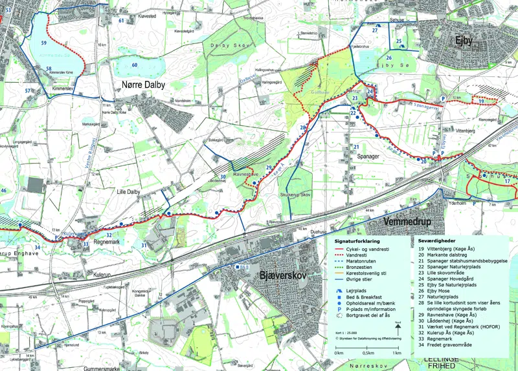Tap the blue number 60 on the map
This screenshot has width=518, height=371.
135,65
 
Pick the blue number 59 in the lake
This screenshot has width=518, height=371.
44,43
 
